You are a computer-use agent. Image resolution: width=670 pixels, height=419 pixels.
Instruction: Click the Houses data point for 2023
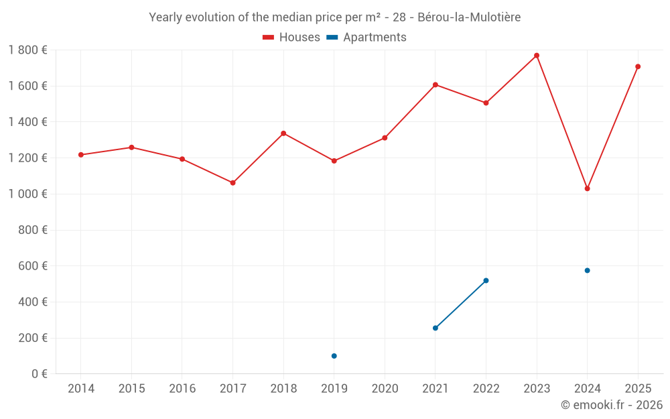(x=537, y=56)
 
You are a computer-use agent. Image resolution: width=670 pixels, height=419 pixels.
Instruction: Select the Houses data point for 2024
(x=587, y=188)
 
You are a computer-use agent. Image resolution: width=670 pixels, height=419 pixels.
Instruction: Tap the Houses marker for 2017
(x=232, y=182)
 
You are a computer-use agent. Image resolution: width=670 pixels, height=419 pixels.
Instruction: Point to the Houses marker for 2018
(x=283, y=133)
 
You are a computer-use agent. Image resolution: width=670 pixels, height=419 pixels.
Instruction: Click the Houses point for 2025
(x=638, y=66)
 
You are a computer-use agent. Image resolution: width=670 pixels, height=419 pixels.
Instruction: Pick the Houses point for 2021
(x=435, y=85)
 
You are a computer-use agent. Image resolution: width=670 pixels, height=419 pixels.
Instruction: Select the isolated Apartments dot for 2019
(x=334, y=356)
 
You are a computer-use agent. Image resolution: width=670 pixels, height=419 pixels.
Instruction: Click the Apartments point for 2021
(x=435, y=328)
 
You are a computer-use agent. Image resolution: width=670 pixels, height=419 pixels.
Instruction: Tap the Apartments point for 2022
(x=486, y=280)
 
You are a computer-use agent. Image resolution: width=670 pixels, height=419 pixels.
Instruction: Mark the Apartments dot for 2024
(x=587, y=270)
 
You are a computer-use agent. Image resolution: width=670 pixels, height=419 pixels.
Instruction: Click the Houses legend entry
(x=291, y=38)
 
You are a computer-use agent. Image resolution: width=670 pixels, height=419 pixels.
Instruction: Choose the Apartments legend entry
(x=366, y=38)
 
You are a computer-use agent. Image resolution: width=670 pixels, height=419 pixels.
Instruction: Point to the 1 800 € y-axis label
(x=27, y=50)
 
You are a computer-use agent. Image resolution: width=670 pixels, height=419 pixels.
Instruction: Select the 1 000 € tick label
(x=27, y=194)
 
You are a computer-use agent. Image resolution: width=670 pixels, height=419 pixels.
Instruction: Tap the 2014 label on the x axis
(x=81, y=389)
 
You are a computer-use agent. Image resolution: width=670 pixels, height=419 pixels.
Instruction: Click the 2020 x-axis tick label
(x=385, y=389)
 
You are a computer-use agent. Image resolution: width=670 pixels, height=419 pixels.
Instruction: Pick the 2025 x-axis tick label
(x=638, y=389)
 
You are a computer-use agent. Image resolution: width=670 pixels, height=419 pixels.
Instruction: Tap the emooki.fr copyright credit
(x=612, y=405)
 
